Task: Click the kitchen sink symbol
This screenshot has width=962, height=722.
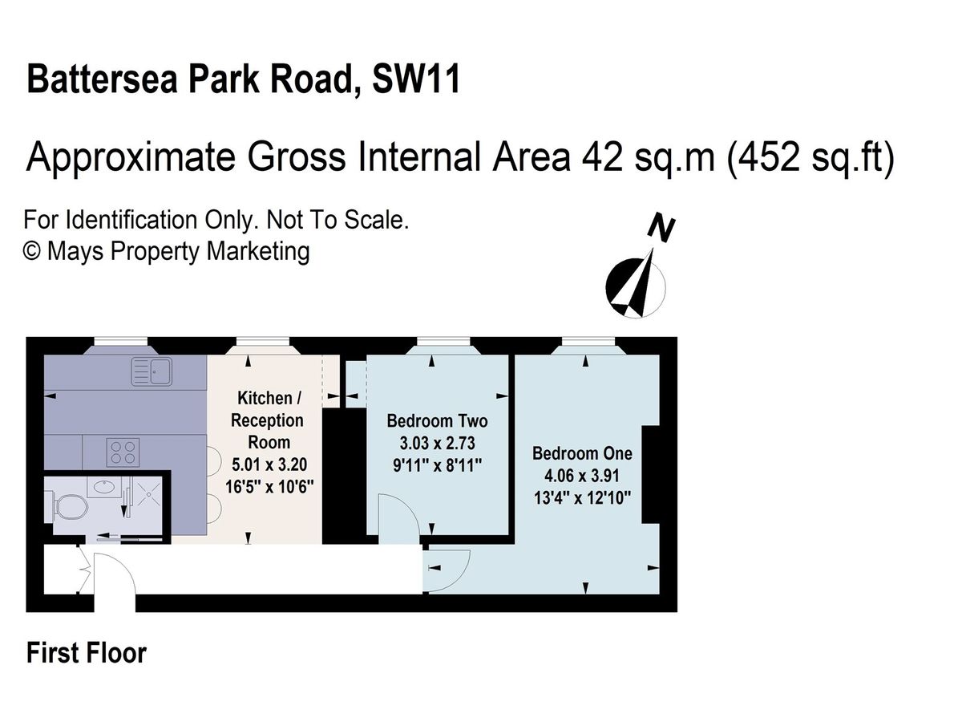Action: tap(152, 371)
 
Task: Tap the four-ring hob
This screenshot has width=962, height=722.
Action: tap(123, 452)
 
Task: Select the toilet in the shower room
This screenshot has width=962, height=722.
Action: tap(70, 508)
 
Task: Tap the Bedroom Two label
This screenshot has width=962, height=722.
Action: tap(437, 421)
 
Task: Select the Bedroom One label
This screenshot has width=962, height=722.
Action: tap(582, 453)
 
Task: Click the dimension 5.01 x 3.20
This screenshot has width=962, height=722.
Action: tap(269, 464)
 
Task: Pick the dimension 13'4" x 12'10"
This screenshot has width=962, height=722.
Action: tap(582, 498)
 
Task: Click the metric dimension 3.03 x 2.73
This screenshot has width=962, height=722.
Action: tap(437, 443)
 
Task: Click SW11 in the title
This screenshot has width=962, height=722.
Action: tap(416, 79)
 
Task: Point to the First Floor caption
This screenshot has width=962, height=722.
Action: tap(87, 653)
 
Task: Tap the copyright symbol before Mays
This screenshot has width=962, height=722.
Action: tap(32, 251)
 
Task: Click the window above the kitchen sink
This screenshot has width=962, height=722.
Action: tap(120, 341)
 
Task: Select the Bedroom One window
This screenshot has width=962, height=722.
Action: tap(588, 341)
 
